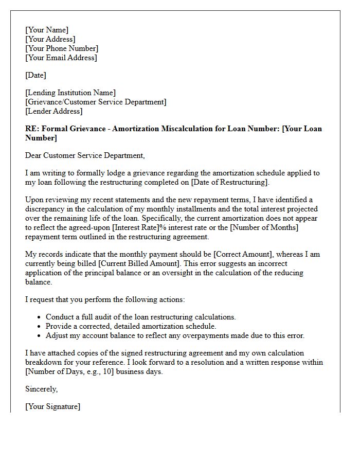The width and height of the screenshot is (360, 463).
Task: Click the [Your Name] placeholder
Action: [x=47, y=30]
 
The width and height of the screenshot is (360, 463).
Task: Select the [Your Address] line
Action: [x=50, y=39]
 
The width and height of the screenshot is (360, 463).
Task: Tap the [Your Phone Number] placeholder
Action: [x=62, y=48]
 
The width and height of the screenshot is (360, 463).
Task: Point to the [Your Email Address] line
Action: [x=61, y=58]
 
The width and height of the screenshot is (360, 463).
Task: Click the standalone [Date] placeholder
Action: [x=35, y=75]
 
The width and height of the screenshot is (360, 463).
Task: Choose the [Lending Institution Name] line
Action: [x=70, y=93]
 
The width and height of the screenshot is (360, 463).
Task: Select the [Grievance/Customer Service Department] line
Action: [x=96, y=102]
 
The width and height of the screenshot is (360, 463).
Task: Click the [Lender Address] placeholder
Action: [x=53, y=111]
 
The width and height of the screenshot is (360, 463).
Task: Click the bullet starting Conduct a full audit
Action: [x=140, y=317]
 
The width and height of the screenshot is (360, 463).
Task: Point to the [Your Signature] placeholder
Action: [x=52, y=406]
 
